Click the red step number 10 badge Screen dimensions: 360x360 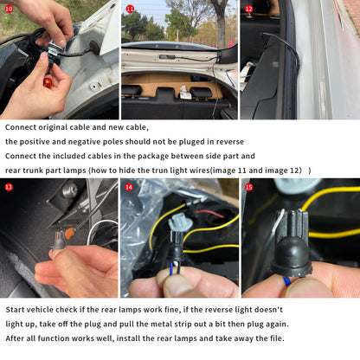pyautogui.click(x=9, y=9)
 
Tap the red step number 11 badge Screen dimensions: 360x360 pyautogui.click(x=130, y=9)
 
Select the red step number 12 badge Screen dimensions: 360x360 pyautogui.click(x=248, y=9)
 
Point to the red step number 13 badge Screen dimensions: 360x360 pyautogui.click(x=9, y=187)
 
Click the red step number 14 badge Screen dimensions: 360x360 pyautogui.click(x=129, y=187)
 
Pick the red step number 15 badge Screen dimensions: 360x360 pyautogui.click(x=248, y=187)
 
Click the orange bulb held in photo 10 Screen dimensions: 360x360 pyautogui.click(x=48, y=83)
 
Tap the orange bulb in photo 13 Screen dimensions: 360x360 pyautogui.click(x=69, y=233)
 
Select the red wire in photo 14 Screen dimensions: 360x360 pyautogui.click(x=209, y=214)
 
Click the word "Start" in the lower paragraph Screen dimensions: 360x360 pyautogui.click(x=15, y=310)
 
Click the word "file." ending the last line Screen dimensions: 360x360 pyautogui.click(x=277, y=338)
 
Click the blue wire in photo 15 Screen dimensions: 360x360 pyautogui.click(x=286, y=280)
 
